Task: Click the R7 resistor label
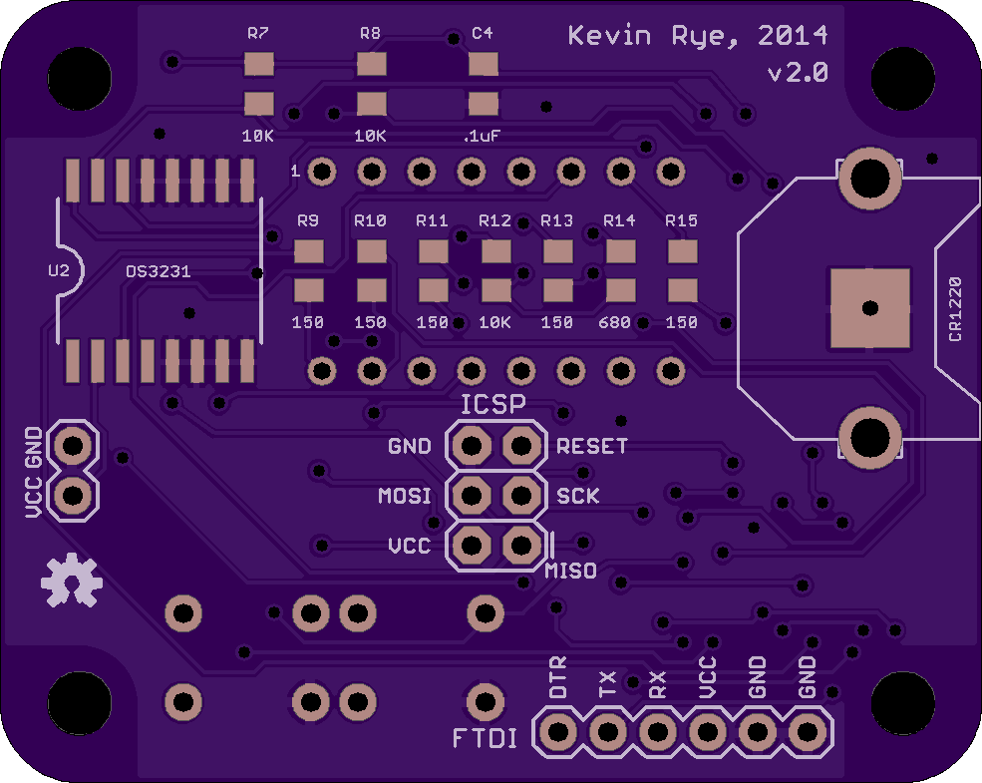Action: (258, 33)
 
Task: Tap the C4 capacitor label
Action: (483, 33)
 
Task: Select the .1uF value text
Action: (482, 136)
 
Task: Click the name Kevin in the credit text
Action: (609, 36)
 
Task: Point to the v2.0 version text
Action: (798, 73)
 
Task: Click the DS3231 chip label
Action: (159, 271)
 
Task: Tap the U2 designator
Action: (58, 270)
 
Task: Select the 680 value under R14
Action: (614, 322)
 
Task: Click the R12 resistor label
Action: (494, 220)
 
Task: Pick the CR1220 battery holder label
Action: (954, 309)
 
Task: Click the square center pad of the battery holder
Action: (869, 308)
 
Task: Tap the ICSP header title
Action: (493, 405)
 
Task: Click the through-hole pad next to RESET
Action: (521, 446)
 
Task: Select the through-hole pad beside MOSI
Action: (471, 496)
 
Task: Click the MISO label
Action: (570, 571)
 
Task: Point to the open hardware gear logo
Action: (72, 581)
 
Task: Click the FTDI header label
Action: (486, 738)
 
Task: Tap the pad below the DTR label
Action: (557, 732)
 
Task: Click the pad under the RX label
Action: (658, 732)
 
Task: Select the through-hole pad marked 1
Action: (322, 171)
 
